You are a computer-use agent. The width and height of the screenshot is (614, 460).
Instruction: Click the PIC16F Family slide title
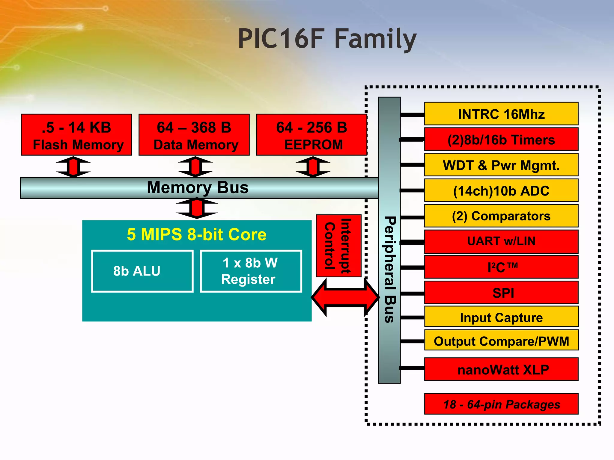(x=327, y=39)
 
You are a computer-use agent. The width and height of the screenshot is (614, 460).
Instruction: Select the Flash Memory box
(x=76, y=135)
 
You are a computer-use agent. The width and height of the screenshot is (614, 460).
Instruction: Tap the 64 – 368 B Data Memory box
(x=194, y=135)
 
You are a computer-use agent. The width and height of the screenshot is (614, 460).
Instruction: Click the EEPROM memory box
(x=311, y=135)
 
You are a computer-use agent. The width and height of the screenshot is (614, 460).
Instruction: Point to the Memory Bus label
(x=198, y=188)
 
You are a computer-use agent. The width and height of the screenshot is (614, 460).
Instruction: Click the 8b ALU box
(x=142, y=271)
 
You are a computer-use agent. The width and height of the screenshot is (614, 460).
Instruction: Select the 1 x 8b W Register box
(x=251, y=271)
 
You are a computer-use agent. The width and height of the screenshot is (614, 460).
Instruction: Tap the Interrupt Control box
(x=338, y=246)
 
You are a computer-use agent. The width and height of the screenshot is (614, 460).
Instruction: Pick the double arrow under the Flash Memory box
(x=73, y=167)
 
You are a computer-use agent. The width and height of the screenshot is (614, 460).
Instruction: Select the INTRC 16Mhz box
(x=501, y=114)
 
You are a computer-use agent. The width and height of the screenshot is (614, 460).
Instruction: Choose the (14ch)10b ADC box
(x=501, y=190)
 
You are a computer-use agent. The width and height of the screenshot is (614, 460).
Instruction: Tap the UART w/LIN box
(x=501, y=241)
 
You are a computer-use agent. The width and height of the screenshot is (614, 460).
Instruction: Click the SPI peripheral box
(x=501, y=293)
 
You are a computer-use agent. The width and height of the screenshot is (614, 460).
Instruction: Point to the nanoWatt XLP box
(x=501, y=369)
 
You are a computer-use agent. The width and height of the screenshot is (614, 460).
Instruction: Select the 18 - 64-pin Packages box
(x=501, y=404)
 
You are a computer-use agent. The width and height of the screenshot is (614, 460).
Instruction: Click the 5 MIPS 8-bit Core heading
(x=197, y=234)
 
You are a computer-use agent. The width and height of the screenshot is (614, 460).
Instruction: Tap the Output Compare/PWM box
(x=501, y=341)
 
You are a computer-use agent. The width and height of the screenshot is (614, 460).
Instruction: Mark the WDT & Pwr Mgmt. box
(x=501, y=165)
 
